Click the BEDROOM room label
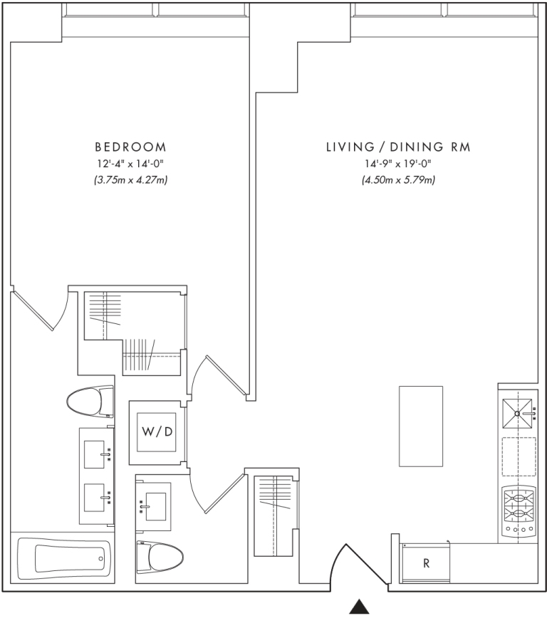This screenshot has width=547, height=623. point(130,147)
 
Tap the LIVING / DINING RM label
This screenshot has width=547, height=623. point(398,147)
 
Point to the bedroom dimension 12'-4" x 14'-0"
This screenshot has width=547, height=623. point(130,164)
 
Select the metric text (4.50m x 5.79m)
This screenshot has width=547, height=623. point(398,180)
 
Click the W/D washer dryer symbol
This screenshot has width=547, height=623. point(157,432)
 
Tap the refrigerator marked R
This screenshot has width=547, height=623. point(426,563)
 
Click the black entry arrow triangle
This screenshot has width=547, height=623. point(360,607)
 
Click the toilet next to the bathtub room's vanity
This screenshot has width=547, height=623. point(90,401)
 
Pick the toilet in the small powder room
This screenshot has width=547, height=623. point(160,557)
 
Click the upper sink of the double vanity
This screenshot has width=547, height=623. point(95,454)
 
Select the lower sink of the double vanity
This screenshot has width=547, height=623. point(95,497)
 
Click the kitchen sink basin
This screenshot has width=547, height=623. point(517,414)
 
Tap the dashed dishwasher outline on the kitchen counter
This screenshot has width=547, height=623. point(519,456)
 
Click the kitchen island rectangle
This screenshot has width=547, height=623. point(421,426)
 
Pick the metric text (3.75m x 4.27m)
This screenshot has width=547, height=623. point(130,180)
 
